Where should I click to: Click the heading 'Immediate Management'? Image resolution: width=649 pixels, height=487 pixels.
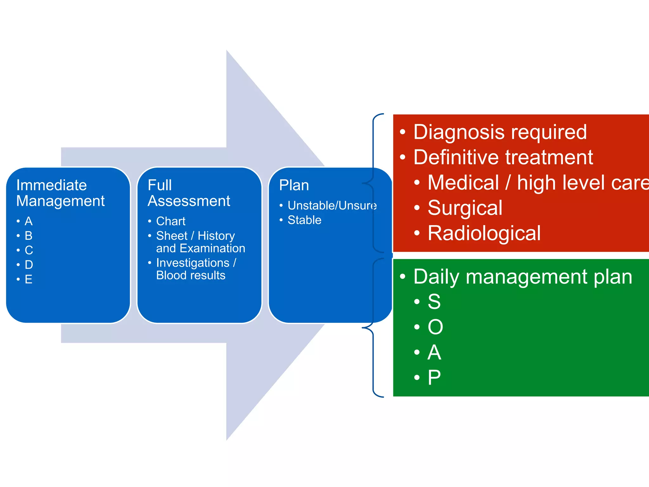[x=60, y=193]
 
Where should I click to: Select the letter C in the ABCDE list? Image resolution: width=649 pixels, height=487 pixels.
[x=29, y=250]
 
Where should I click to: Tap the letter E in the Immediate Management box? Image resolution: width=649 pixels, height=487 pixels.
[x=29, y=279]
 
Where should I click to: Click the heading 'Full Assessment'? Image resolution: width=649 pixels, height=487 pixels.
[x=189, y=193]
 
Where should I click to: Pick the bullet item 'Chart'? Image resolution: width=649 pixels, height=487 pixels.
[x=170, y=221]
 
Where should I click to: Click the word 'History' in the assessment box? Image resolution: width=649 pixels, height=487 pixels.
[x=216, y=236]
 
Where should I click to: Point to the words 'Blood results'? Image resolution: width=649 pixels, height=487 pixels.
[x=190, y=275]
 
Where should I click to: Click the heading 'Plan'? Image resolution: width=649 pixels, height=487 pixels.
[x=294, y=185]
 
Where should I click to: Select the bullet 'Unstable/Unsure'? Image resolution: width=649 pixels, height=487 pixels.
[x=332, y=205]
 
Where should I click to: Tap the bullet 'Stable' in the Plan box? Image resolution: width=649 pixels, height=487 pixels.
[x=304, y=220]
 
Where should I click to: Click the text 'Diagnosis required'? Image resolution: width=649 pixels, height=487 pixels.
[x=500, y=132]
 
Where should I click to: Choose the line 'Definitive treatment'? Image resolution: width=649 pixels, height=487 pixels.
[x=503, y=157]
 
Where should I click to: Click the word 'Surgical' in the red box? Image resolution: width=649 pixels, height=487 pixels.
[x=465, y=208]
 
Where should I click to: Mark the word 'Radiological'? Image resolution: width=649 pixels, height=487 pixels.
[x=484, y=233]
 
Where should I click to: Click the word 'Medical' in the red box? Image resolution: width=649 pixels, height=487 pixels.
[x=463, y=183]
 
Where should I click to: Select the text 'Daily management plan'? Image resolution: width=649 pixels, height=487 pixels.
[x=523, y=277]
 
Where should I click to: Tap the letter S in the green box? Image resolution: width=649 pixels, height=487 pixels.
[x=434, y=302]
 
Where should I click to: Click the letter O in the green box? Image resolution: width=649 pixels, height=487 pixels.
[x=435, y=327]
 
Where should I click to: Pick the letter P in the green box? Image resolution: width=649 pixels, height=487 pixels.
[x=434, y=378]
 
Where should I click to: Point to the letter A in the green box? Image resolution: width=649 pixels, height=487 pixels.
[x=434, y=352]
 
